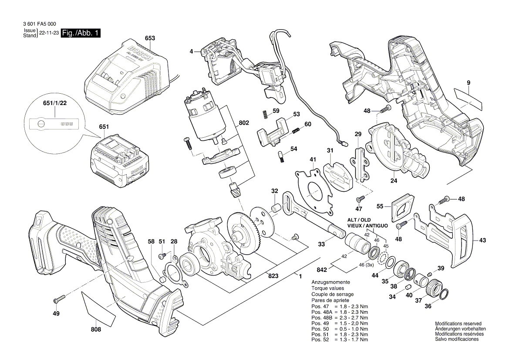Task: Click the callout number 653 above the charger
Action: [150, 38]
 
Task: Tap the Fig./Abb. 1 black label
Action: [81, 33]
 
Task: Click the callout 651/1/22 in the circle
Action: [54, 103]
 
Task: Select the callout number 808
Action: [96, 329]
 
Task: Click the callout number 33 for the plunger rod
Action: [321, 245]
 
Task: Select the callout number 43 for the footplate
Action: [482, 240]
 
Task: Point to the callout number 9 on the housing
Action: [468, 83]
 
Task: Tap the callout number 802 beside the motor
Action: [244, 124]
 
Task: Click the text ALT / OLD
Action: [359, 220]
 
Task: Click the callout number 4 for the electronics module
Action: [191, 52]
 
